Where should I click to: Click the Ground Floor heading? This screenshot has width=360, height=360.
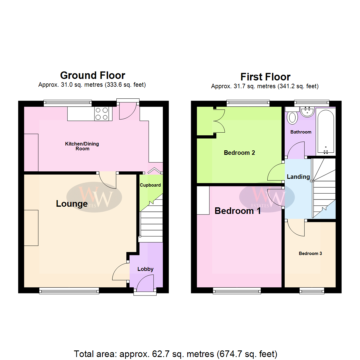[x=92, y=75]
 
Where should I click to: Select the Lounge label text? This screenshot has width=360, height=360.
[x=72, y=203]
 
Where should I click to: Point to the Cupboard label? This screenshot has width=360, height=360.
[x=150, y=185]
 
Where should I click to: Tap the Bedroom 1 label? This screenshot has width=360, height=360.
[x=238, y=211]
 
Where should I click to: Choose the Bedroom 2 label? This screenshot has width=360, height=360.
[x=239, y=153]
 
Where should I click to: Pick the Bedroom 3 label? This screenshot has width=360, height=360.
[x=310, y=254]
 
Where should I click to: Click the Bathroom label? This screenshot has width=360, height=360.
[x=301, y=132]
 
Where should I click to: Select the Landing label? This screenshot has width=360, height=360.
[x=298, y=177]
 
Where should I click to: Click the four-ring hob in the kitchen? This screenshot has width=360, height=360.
[x=103, y=113]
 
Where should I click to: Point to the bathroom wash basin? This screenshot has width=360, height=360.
[x=307, y=112]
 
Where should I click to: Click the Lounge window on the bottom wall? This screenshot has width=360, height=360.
[x=69, y=291]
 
